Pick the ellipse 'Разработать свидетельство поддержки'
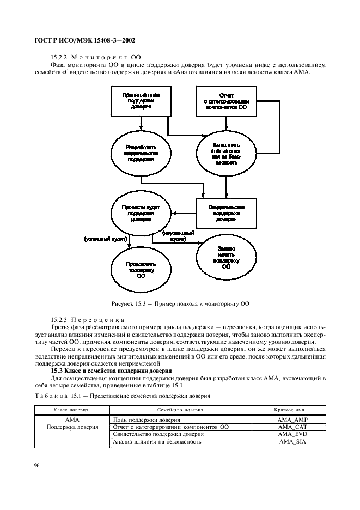pos(141,154)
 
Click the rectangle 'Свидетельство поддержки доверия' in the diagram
pos(226,213)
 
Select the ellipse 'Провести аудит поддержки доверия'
pos(141,214)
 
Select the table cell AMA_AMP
pos(292,420)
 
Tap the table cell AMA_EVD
pos(292,434)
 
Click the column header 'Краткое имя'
pos(292,409)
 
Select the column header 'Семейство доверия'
pos(180,409)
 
